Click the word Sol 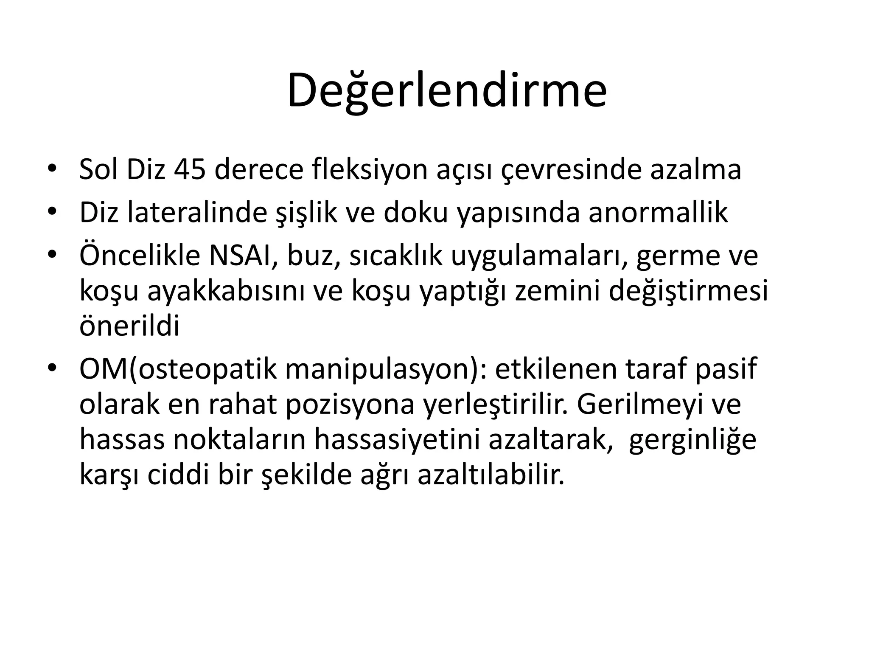(98, 169)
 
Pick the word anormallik (658, 213)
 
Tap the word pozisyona (350, 405)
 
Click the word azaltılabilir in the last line (491, 475)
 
